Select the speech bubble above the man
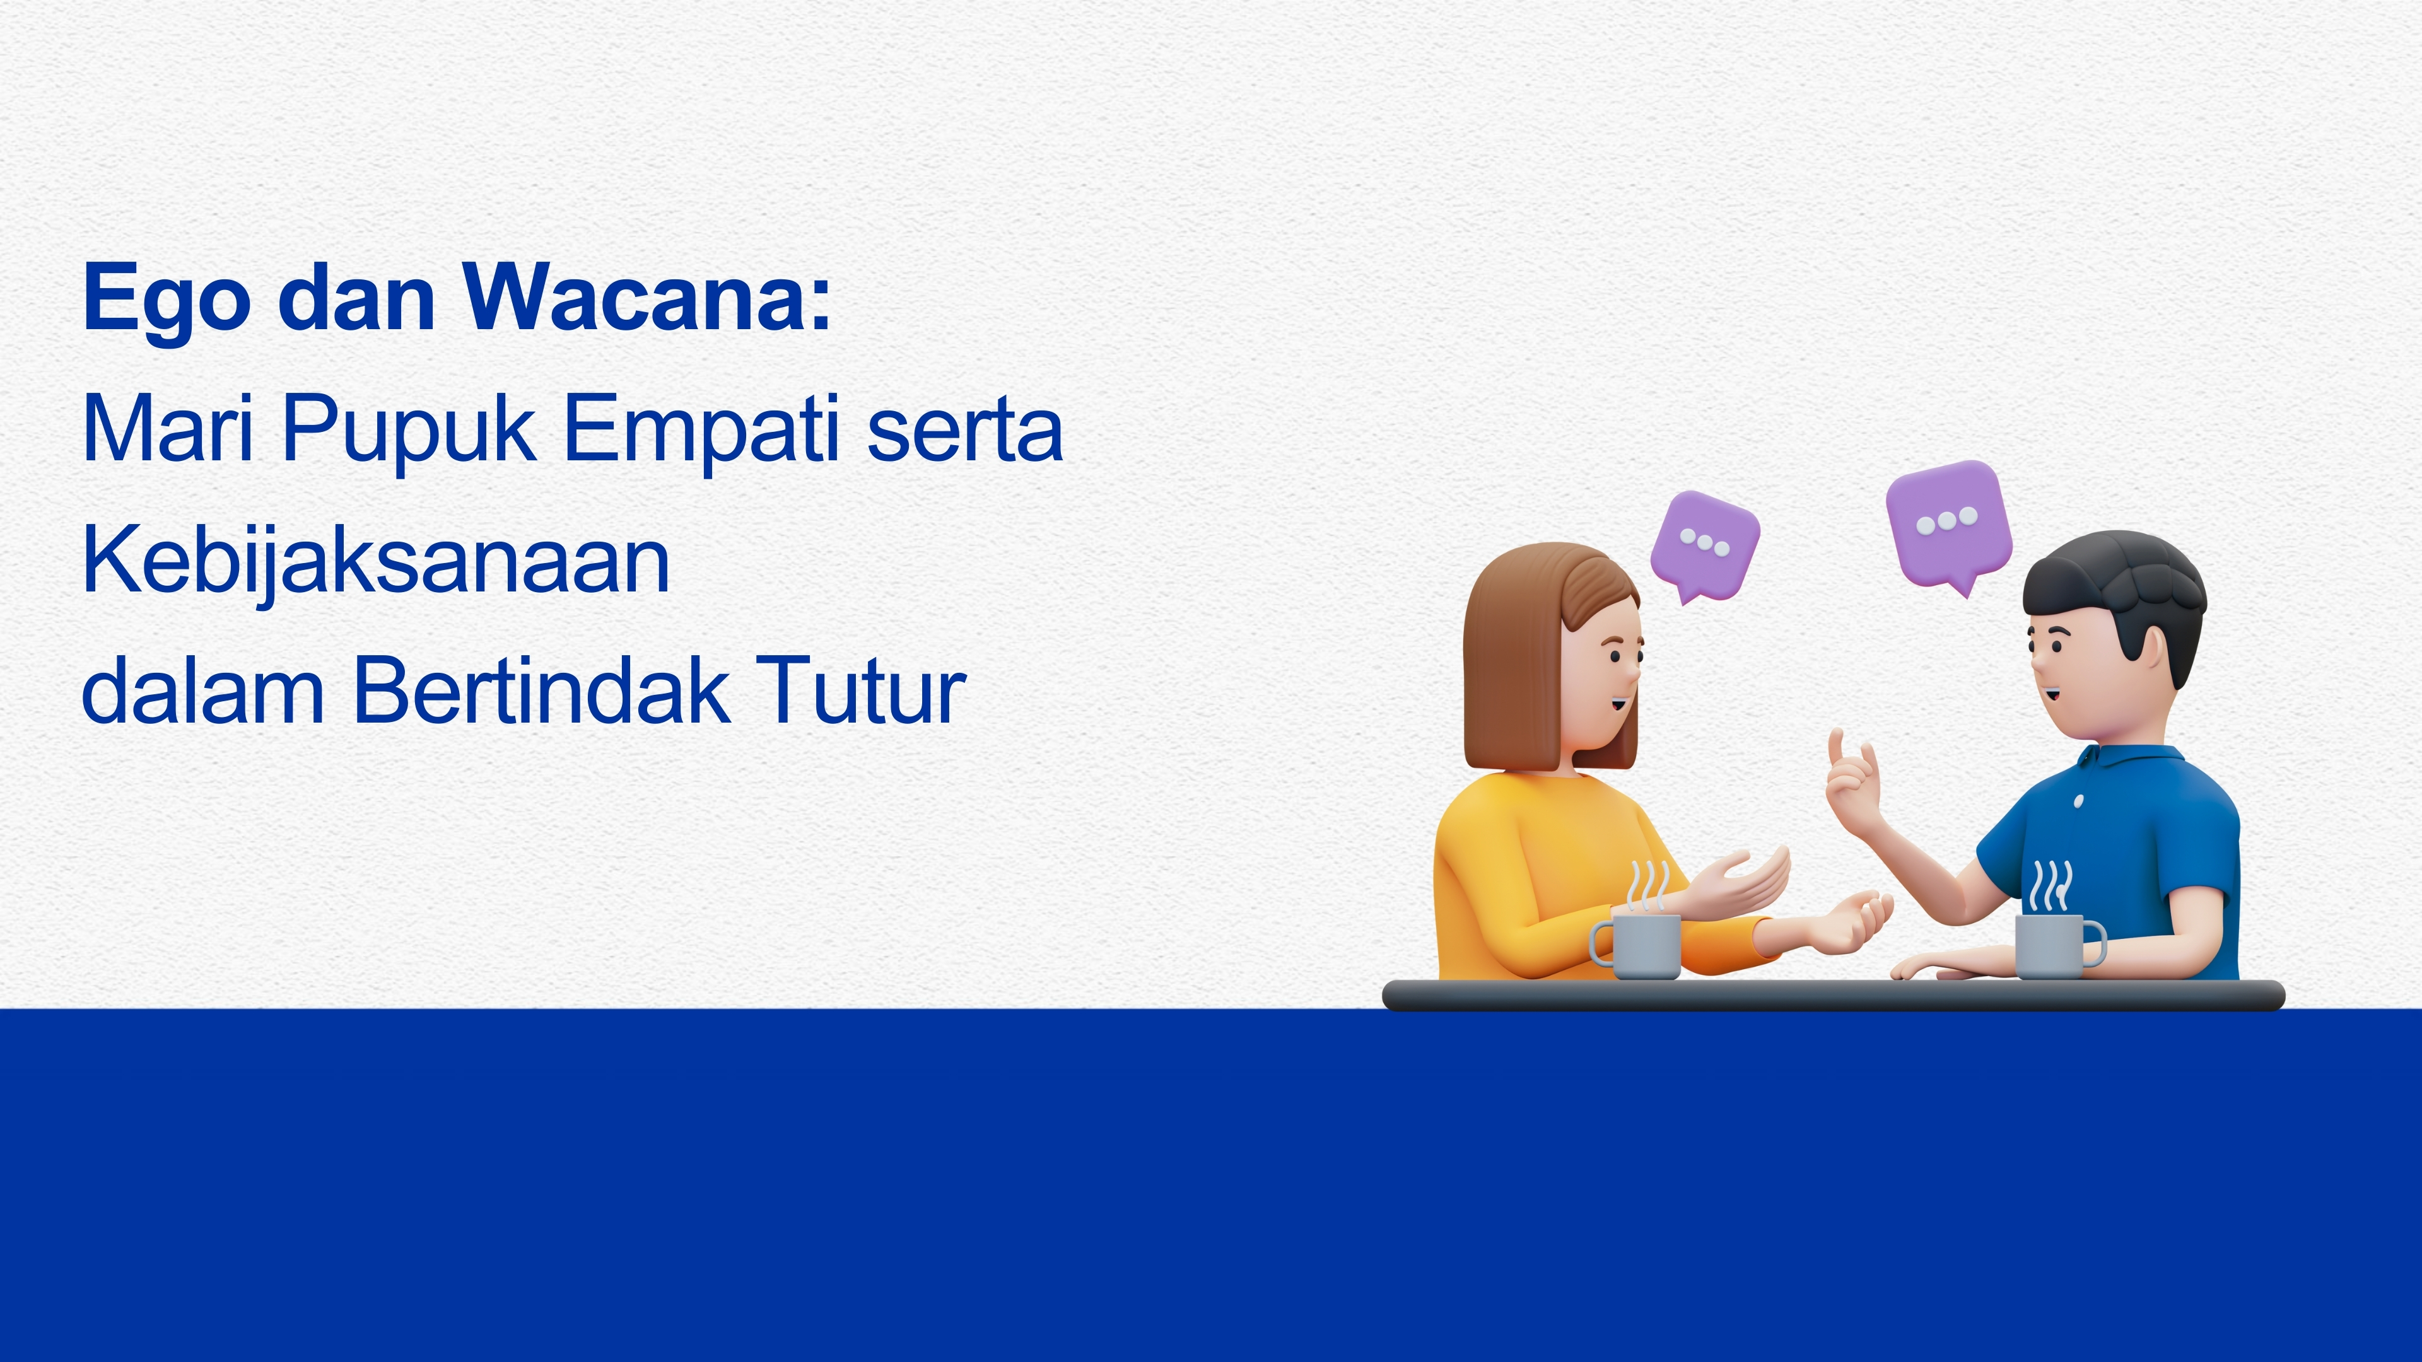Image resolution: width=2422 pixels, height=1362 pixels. pyautogui.click(x=1949, y=525)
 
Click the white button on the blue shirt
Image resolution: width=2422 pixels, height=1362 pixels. pyautogui.click(x=2078, y=801)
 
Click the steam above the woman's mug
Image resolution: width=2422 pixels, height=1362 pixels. pyautogui.click(x=1648, y=887)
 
